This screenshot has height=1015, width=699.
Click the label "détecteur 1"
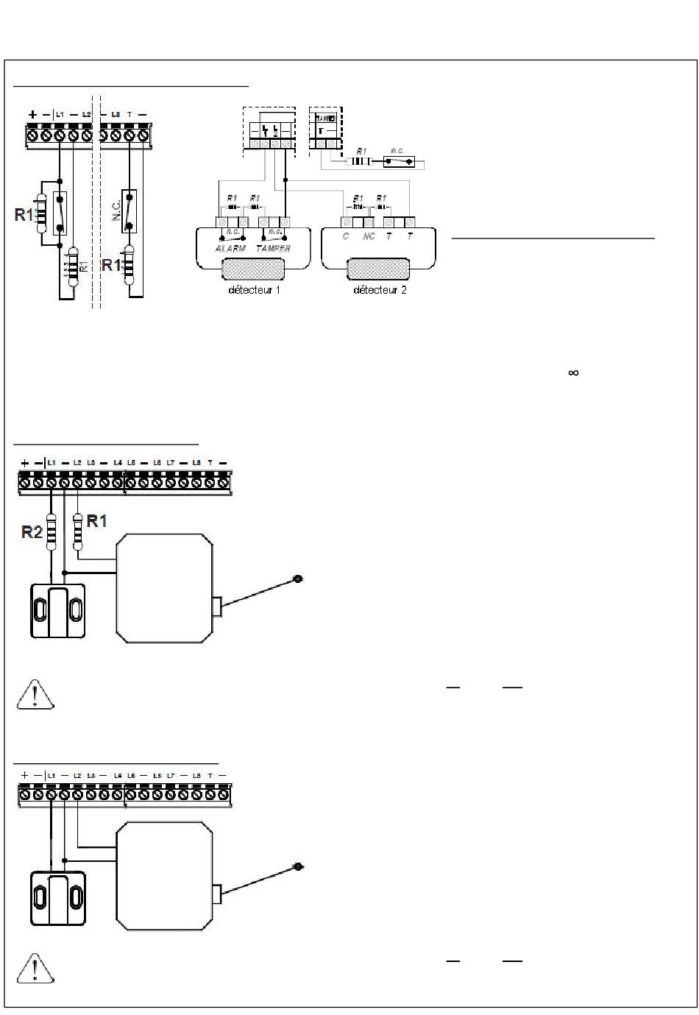click(254, 290)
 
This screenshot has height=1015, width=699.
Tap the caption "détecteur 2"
click(380, 290)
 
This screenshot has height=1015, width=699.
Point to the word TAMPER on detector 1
click(273, 249)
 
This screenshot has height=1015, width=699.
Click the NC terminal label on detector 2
click(369, 237)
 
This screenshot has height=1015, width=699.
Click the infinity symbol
click(573, 373)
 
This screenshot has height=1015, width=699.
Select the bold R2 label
click(32, 531)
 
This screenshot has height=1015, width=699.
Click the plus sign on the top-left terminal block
click(33, 114)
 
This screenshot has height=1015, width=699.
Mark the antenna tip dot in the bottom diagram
click(298, 867)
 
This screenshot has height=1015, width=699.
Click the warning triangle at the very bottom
click(35, 968)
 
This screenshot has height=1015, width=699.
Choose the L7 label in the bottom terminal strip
click(170, 776)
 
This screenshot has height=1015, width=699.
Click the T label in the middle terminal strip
click(210, 462)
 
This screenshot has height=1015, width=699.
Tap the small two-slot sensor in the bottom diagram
click(58, 898)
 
